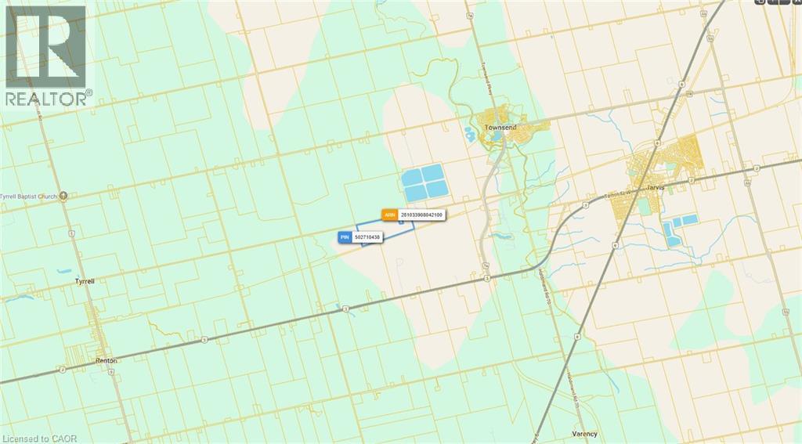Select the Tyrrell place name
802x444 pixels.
pos(84,280)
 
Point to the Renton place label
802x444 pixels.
pos(107,360)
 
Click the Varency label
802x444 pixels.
pos(584,433)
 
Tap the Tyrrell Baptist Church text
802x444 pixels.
pos(29,196)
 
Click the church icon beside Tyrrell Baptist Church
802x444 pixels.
pos(63,196)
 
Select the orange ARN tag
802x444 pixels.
pos(389,214)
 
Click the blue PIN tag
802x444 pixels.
pos(345,236)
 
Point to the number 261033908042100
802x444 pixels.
pos(421,214)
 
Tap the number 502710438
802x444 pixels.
pos(367,236)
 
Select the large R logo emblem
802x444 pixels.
pos(46,47)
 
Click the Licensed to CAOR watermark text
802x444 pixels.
pos(36,437)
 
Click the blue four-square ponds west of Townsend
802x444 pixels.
pos(425,182)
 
